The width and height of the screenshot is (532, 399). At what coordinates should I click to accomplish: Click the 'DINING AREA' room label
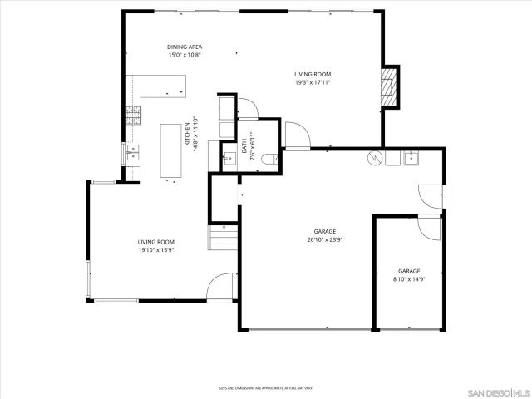tap(185, 47)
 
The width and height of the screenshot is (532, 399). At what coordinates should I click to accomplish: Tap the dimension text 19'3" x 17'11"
tap(313, 82)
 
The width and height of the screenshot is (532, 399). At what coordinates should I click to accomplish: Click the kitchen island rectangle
tap(172, 151)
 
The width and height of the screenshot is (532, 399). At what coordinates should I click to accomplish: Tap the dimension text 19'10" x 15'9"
tap(155, 250)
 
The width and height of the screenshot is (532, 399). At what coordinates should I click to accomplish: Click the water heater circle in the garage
tap(375, 156)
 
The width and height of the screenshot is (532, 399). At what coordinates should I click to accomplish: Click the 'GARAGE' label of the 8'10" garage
tap(409, 271)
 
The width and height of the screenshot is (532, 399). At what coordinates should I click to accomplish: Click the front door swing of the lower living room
tap(220, 287)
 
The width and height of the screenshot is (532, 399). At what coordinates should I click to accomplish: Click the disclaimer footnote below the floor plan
tap(266, 387)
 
